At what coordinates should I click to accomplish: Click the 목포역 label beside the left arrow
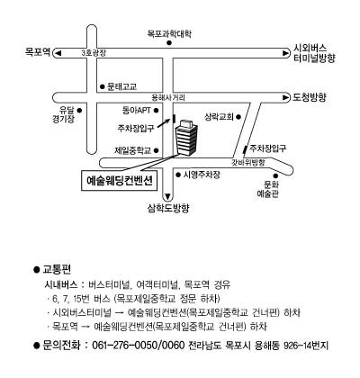click(x=38, y=52)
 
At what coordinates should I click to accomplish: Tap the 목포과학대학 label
click(x=169, y=33)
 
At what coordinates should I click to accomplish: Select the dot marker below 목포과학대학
click(x=169, y=43)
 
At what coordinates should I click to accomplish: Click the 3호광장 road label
click(x=94, y=53)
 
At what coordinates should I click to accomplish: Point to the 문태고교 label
click(x=122, y=86)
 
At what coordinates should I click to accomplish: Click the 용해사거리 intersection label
click(x=168, y=97)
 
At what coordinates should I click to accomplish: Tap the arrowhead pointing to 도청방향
click(x=286, y=97)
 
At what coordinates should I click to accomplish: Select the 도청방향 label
click(x=310, y=97)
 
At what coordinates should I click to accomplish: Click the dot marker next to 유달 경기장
click(x=79, y=111)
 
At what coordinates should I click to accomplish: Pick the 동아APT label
click(x=137, y=111)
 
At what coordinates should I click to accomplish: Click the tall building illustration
click(x=186, y=138)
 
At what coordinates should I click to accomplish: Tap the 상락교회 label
click(x=219, y=117)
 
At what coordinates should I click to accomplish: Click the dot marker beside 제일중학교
click(x=157, y=150)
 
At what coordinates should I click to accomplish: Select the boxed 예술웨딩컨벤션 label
click(x=120, y=181)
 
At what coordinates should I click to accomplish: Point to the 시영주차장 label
click(x=202, y=175)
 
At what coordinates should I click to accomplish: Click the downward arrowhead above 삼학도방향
click(x=167, y=197)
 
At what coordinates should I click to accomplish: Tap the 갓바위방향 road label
click(x=248, y=163)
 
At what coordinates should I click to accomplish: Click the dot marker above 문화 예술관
click(x=275, y=175)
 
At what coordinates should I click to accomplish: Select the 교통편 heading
click(x=57, y=269)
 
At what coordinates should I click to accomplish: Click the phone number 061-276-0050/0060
click(x=139, y=346)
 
